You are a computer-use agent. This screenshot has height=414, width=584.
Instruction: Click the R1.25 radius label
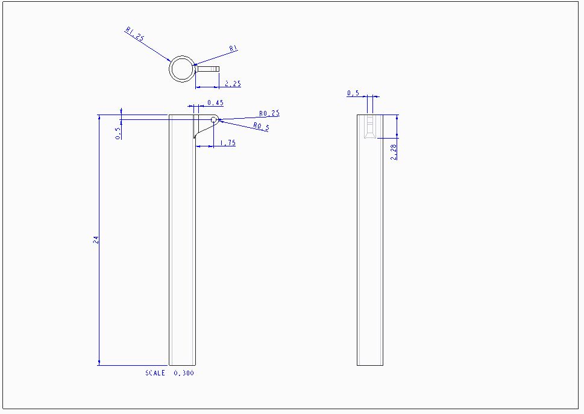coord(135,34)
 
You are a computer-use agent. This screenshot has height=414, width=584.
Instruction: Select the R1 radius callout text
coord(234,49)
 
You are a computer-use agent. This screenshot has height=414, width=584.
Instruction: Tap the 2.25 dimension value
coord(233,84)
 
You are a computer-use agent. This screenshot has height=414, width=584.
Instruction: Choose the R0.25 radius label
coord(269,113)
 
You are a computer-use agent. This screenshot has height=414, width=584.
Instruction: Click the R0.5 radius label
coord(261,127)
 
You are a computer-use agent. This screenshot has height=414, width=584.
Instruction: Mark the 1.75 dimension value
coord(228,143)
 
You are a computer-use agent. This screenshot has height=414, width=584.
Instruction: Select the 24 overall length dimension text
coord(95,240)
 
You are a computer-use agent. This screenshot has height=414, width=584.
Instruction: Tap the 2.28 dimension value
coord(394,152)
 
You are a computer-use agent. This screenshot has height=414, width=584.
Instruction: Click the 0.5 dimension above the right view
coord(353,93)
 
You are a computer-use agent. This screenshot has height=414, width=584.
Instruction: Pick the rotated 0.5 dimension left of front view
coord(118,133)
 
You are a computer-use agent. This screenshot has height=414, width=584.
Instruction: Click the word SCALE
coord(155,374)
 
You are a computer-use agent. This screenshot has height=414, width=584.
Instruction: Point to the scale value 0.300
coord(184,374)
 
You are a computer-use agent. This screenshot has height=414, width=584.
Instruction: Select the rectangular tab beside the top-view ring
coord(207,69)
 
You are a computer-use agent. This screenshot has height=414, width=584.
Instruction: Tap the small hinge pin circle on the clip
coord(213,120)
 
